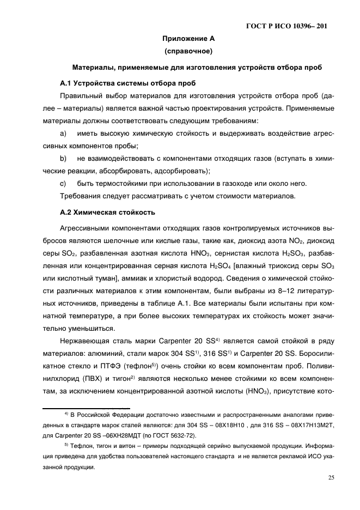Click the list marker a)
[63, 133]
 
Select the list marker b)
[63, 159]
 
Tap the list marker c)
[63, 184]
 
